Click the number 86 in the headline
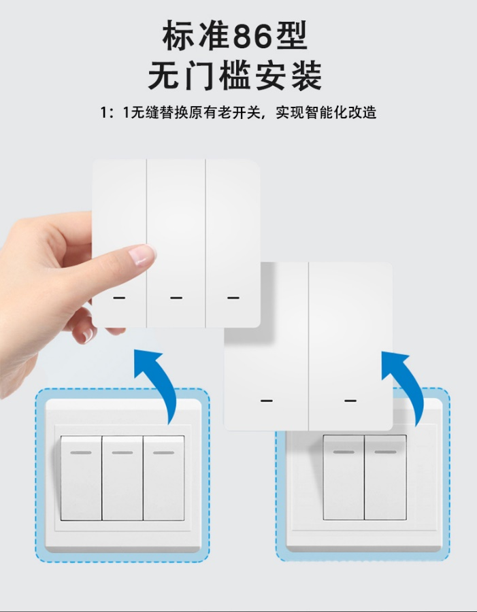pos(252,36)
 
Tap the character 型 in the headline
pos(291,36)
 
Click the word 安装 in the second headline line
pos(289,76)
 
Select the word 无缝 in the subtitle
pos(144,112)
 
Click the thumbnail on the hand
pos(142,255)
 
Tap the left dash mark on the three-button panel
pos(119,298)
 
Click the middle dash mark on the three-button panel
pos(176,298)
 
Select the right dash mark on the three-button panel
pos(233,298)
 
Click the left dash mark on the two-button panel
pos(267,401)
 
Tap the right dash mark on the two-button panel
pos(350,401)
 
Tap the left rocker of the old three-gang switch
pos(81,478)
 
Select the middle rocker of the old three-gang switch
pos(122,478)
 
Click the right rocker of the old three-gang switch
pos(164,478)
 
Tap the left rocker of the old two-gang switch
pos(344,477)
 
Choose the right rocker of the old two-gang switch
pos(386,477)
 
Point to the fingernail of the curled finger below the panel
pos(88,335)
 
